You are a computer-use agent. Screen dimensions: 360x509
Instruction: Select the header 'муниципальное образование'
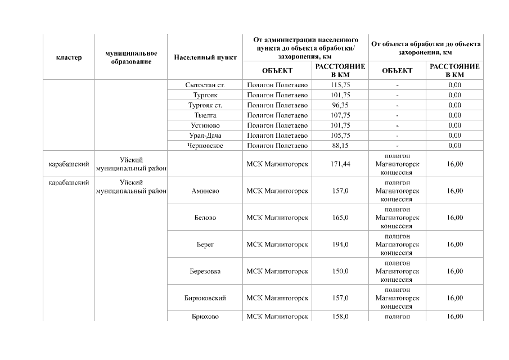coord(131,57)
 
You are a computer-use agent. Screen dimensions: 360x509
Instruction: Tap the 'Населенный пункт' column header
coord(205,57)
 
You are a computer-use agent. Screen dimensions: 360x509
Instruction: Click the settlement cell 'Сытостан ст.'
coord(205,85)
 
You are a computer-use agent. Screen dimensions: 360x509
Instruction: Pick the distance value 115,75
coord(340,85)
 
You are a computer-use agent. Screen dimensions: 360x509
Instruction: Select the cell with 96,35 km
coord(340,105)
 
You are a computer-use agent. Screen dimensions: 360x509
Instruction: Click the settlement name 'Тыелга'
coord(205,115)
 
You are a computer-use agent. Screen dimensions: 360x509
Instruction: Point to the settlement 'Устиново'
coord(205,125)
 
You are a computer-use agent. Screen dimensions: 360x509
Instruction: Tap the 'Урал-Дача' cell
coord(205,136)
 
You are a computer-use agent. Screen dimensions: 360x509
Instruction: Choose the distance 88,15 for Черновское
coord(340,146)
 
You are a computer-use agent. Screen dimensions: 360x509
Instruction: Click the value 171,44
coord(340,164)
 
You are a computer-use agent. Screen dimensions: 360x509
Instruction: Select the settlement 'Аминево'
coord(205,191)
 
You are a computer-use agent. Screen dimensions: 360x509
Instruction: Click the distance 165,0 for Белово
coord(340,218)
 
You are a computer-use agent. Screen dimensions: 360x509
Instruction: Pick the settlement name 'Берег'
coord(205,245)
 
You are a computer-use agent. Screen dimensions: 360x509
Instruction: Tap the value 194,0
coord(340,245)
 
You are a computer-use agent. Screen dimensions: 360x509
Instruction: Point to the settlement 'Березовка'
coord(205,271)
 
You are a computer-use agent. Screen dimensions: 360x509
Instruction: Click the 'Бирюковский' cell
coord(205,298)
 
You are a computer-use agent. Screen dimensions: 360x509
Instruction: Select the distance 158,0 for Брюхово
coord(340,317)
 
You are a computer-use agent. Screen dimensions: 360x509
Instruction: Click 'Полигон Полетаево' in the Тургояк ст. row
coord(277,105)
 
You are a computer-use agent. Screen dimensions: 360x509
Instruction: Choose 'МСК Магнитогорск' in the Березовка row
coord(277,271)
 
